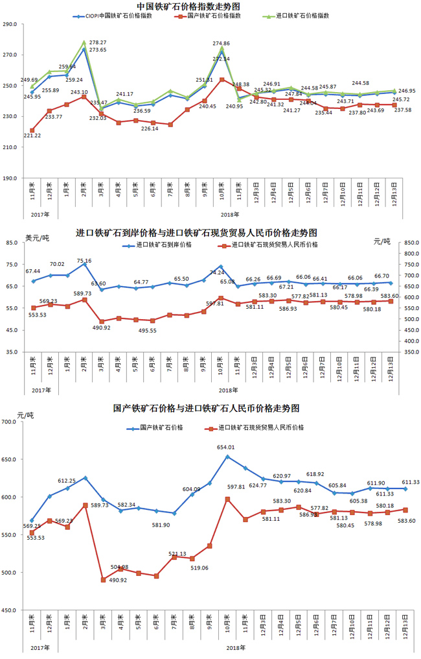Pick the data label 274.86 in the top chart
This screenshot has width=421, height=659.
(222, 43)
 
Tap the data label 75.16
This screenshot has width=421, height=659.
(84, 261)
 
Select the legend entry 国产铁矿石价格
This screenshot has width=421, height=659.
(161, 428)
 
